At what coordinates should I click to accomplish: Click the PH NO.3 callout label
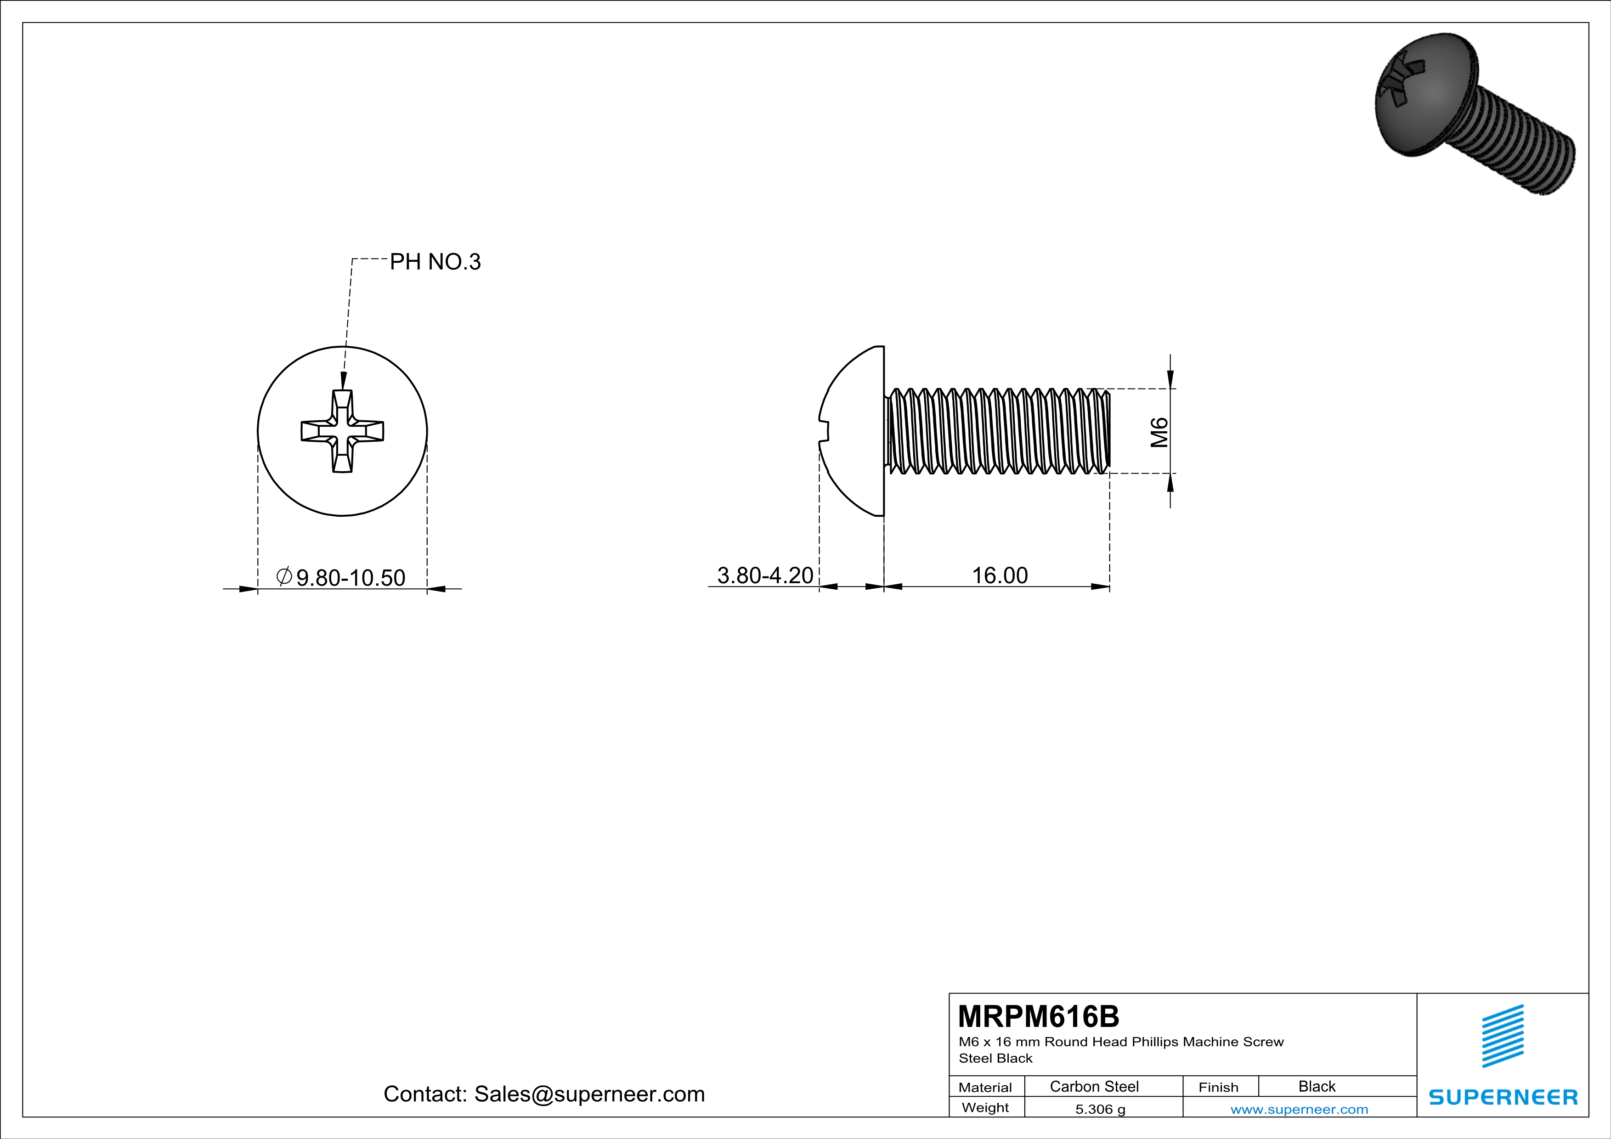click(x=435, y=262)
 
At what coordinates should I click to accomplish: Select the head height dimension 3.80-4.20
click(x=765, y=575)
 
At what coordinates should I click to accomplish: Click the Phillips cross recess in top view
click(x=342, y=431)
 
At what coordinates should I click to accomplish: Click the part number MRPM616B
click(x=1039, y=1016)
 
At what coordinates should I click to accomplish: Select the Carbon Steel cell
click(x=1094, y=1086)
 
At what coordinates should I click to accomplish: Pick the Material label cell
click(x=985, y=1087)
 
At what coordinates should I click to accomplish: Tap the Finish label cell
click(x=1218, y=1087)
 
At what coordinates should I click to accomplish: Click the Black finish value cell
click(x=1316, y=1086)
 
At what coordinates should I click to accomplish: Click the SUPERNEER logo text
click(x=1503, y=1097)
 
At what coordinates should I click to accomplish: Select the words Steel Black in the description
click(x=995, y=1058)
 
